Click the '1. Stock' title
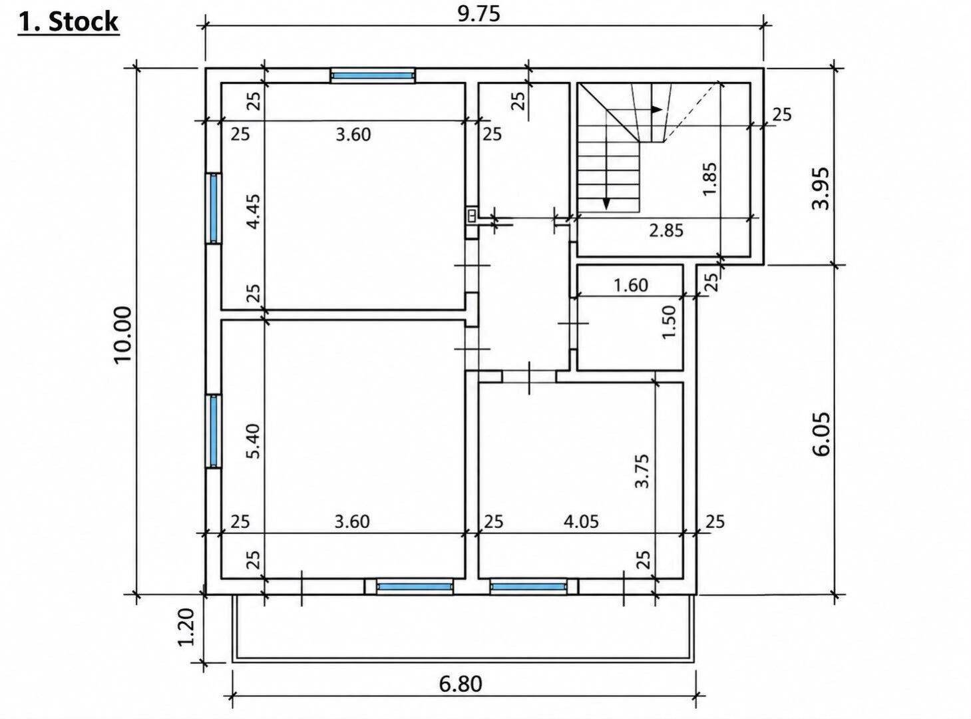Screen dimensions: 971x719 point(69,22)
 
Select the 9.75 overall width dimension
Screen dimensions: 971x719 point(479,14)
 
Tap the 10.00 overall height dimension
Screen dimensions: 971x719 point(123,335)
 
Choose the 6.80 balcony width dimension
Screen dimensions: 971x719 point(461,684)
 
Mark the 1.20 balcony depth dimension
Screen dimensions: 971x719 point(186,627)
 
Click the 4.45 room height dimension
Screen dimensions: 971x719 point(254,212)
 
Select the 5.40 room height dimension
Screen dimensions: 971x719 point(254,441)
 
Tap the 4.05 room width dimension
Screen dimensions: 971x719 point(581,522)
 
